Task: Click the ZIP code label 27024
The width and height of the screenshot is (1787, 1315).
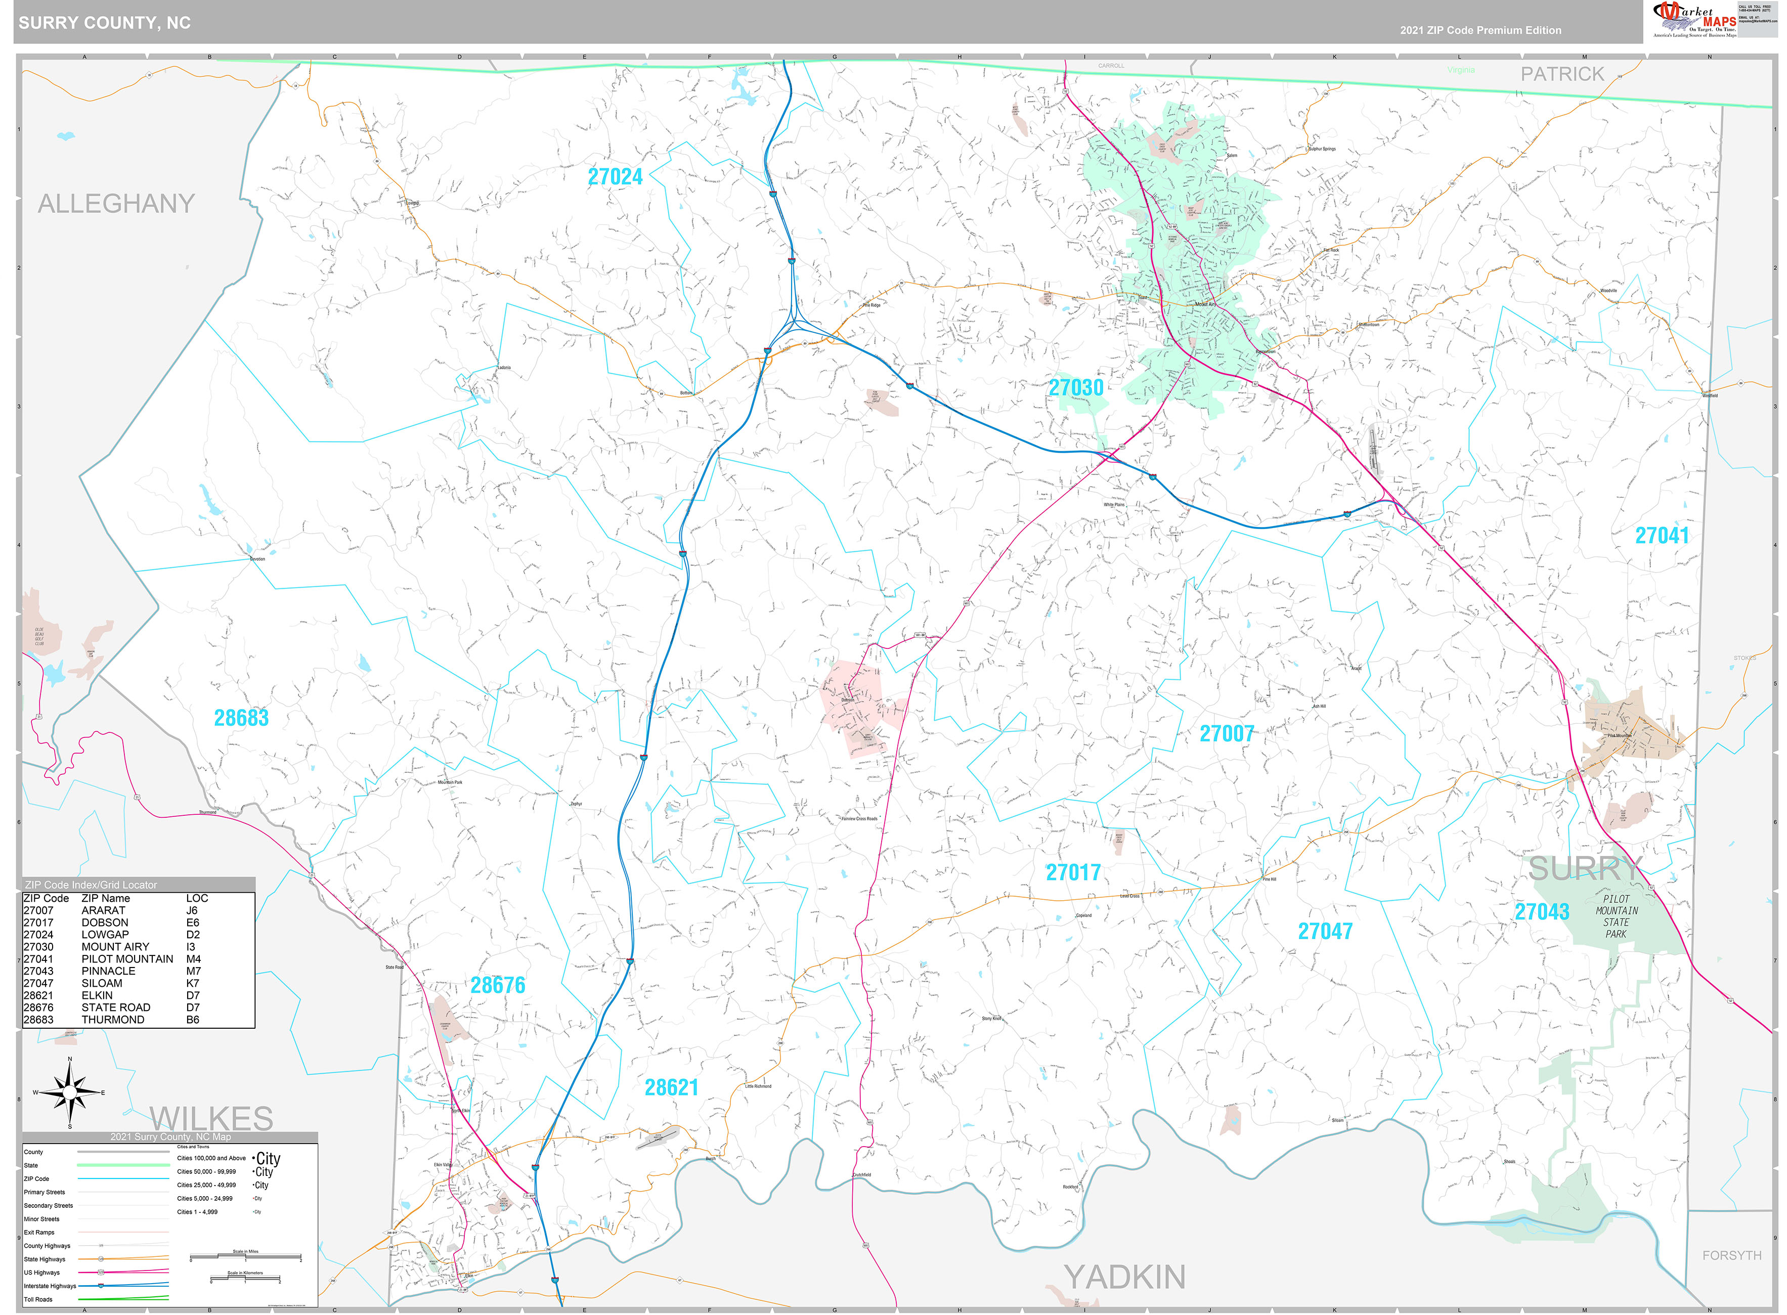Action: [615, 177]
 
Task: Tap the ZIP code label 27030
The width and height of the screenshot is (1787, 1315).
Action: [1075, 387]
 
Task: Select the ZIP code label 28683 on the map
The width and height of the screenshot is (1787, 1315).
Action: [241, 718]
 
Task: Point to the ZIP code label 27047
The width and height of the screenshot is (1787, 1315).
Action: [1325, 931]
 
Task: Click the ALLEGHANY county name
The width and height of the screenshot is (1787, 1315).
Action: [116, 204]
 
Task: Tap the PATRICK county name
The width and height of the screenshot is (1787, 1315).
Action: [1562, 74]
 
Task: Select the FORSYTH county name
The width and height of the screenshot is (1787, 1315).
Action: [1731, 1255]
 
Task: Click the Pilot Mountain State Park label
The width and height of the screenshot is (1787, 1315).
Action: [1616, 916]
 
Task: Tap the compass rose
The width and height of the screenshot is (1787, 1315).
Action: [70, 1092]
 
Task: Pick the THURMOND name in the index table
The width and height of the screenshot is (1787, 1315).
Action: [113, 1020]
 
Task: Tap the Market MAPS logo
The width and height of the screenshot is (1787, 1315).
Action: [1695, 20]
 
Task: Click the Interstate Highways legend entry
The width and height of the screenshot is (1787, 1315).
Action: [50, 1286]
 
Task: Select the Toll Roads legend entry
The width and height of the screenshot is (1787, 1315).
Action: [38, 1299]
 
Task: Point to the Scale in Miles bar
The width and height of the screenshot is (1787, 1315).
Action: [245, 1258]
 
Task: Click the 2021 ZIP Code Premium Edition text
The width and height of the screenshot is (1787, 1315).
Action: [1480, 30]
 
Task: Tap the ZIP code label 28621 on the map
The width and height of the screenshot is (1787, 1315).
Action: [671, 1087]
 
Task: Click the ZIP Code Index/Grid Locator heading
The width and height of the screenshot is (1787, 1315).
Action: [91, 885]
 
